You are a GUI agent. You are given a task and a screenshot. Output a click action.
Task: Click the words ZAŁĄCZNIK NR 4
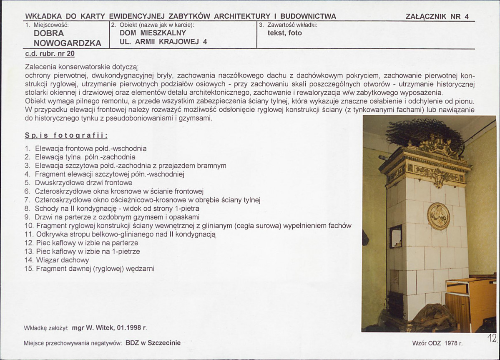(x=437, y=17)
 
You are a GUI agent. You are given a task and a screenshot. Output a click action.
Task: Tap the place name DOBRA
(x=49, y=33)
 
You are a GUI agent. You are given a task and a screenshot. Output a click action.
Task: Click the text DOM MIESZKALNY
(x=153, y=33)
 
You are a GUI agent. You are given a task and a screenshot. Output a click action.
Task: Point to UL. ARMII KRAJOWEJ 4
(x=163, y=42)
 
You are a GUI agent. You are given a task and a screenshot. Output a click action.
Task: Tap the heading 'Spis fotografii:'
(x=66, y=136)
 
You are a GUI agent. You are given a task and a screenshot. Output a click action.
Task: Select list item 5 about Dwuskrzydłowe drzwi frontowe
(x=83, y=183)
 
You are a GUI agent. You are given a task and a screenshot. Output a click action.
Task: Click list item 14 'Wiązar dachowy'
(x=62, y=260)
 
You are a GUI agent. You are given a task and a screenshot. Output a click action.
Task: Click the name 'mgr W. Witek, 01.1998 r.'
(x=109, y=328)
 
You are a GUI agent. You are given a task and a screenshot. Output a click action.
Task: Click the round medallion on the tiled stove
(x=439, y=216)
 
